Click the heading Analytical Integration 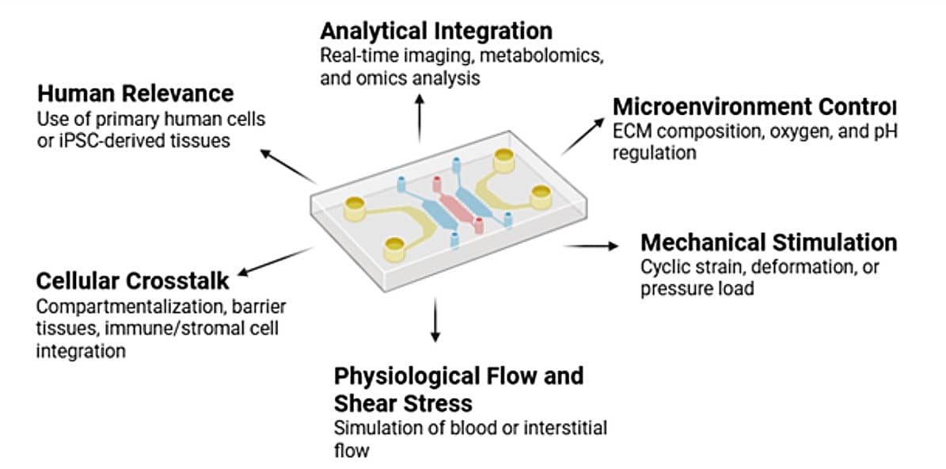435,31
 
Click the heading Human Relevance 135,93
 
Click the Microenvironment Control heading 754,107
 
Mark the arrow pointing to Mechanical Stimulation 591,246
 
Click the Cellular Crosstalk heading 132,280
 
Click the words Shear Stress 403,402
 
